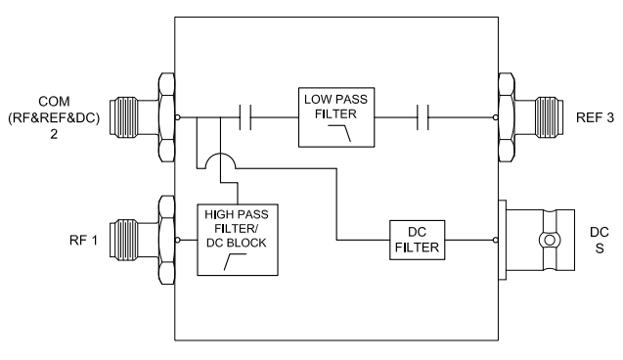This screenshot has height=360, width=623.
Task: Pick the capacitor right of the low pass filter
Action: coord(422,118)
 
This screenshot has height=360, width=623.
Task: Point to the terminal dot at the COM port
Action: coord(177,118)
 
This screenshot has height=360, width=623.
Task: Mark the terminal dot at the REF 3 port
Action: coord(496,118)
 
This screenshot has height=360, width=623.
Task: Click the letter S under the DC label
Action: coord(602,248)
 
